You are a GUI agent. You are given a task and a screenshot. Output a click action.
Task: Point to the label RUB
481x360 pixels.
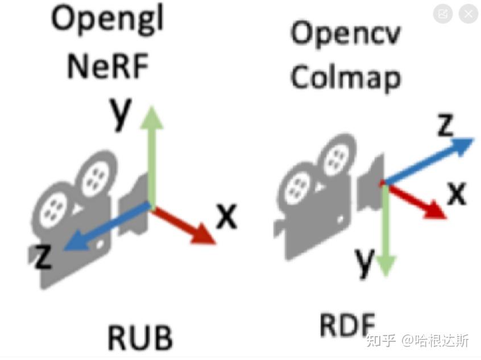click(x=140, y=337)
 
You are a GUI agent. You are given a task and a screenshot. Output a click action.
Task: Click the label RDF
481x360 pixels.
click(x=347, y=325)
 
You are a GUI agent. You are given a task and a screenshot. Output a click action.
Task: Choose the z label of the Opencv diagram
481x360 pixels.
click(x=446, y=126)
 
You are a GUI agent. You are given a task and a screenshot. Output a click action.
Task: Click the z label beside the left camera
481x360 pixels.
click(x=43, y=257)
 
